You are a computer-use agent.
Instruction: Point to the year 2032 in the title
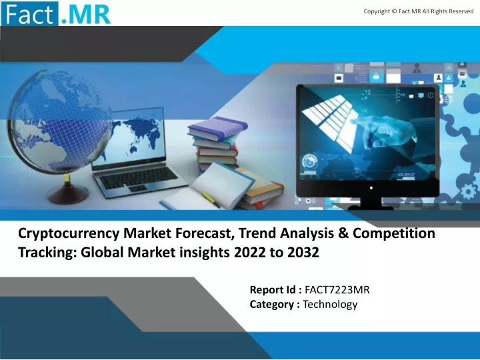[x=303, y=253]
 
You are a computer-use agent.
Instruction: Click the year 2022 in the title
[x=250, y=253]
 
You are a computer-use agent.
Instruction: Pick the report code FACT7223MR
[x=337, y=289]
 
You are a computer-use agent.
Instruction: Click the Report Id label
[x=276, y=289]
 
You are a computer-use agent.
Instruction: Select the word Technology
[x=330, y=305]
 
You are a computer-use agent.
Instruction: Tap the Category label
[x=275, y=305]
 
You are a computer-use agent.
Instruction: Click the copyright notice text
[x=419, y=11]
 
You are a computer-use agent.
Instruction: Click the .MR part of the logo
[x=85, y=14]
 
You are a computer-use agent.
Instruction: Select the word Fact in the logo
[x=29, y=14]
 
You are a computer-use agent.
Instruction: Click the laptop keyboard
[x=139, y=177]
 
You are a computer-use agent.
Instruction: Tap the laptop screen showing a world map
[x=129, y=138]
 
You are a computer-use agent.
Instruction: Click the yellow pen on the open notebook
[x=211, y=199]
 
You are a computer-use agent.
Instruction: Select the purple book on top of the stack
[x=218, y=128]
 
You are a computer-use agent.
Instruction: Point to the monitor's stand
[x=371, y=203]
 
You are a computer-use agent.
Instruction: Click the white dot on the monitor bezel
[x=371, y=187]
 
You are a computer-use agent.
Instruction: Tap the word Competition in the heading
[x=394, y=234]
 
